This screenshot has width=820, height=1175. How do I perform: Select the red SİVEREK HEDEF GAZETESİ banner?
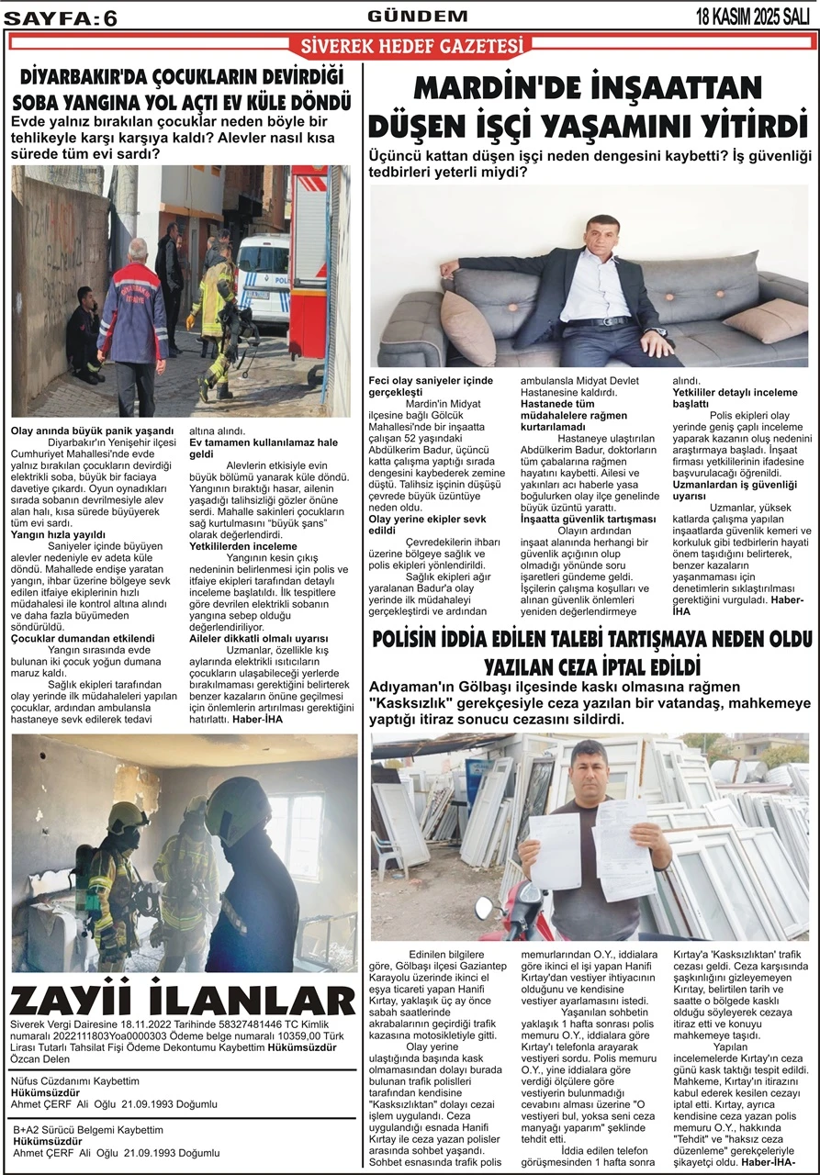(410, 46)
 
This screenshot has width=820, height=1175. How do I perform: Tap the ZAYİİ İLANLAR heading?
(183, 1000)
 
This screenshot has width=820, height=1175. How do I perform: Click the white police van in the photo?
(264, 279)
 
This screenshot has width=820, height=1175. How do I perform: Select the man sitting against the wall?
(84, 335)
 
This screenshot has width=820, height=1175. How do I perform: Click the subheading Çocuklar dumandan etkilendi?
(83, 638)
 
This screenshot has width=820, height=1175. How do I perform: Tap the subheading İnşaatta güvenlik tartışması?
(588, 520)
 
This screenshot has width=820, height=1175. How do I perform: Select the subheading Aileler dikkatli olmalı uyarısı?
(258, 638)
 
